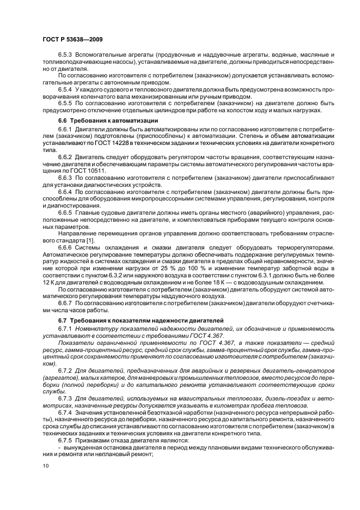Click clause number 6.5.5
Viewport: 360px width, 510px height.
click(66, 102)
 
